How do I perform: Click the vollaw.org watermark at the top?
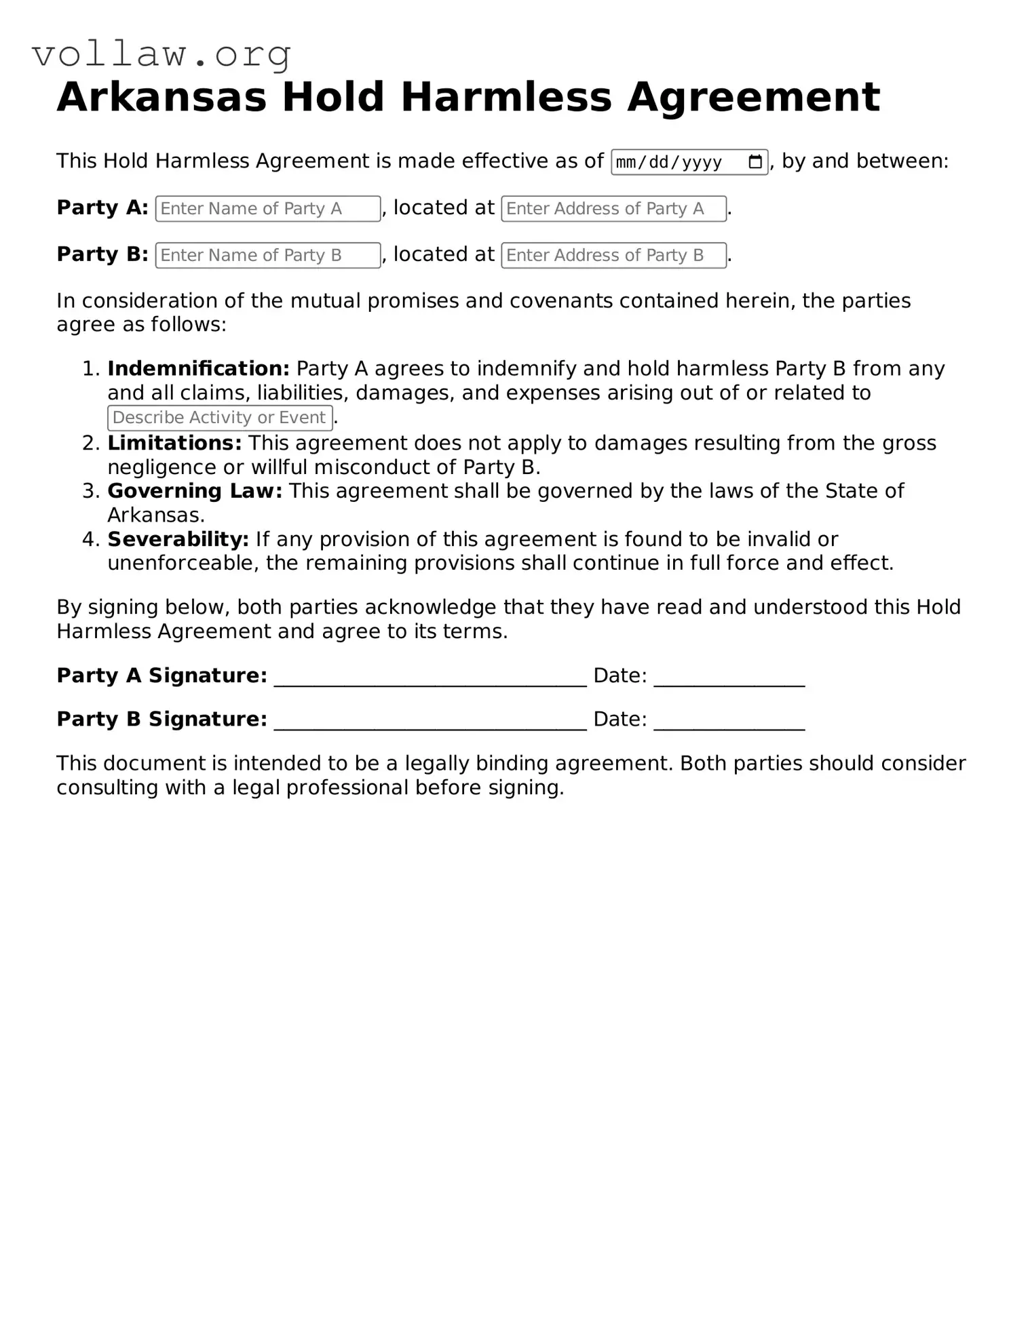pyautogui.click(x=161, y=54)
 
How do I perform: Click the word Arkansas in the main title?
pyautogui.click(x=161, y=97)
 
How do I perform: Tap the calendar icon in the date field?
pyautogui.click(x=755, y=162)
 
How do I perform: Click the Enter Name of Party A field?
pyautogui.click(x=267, y=209)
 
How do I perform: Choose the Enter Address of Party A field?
pyautogui.click(x=613, y=209)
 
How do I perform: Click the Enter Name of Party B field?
pyautogui.click(x=267, y=256)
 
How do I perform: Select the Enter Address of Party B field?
pyautogui.click(x=613, y=256)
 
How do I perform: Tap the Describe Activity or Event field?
pyautogui.click(x=220, y=418)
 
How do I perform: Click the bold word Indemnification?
pyautogui.click(x=198, y=369)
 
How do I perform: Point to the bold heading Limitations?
pyautogui.click(x=174, y=444)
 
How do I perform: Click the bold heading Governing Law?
pyautogui.click(x=195, y=491)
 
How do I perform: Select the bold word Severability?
pyautogui.click(x=178, y=540)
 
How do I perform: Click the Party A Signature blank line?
pyautogui.click(x=430, y=678)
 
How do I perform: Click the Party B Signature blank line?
pyautogui.click(x=430, y=722)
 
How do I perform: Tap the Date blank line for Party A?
pyautogui.click(x=729, y=678)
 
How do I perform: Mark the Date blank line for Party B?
pyautogui.click(x=729, y=722)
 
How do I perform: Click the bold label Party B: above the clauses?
pyautogui.click(x=102, y=254)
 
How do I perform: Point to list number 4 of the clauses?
pyautogui.click(x=90, y=540)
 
